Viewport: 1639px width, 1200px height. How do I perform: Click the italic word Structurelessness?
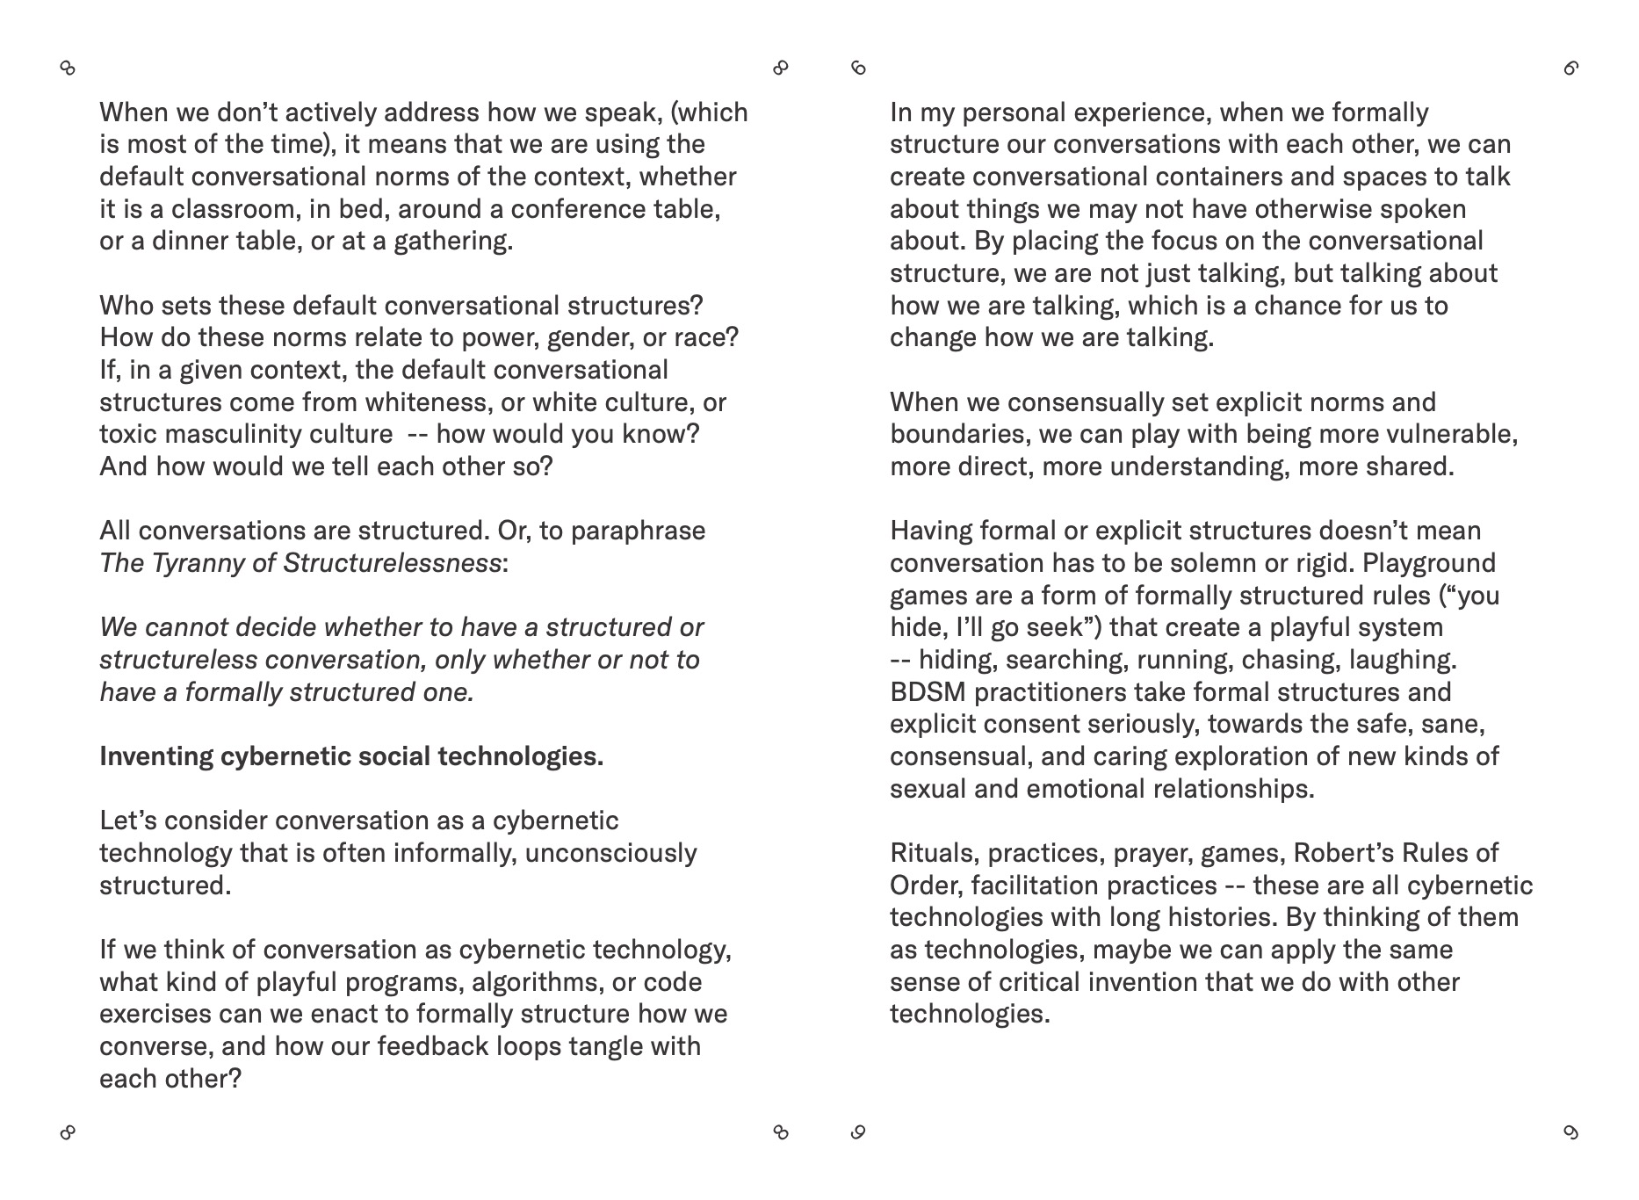(x=392, y=563)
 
